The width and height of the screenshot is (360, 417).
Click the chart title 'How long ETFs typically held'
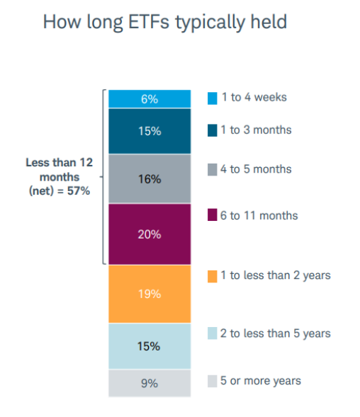pyautogui.click(x=165, y=22)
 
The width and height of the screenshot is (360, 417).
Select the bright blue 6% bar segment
pyautogui.click(x=150, y=99)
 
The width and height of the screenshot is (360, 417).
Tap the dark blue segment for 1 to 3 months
pyautogui.click(x=150, y=131)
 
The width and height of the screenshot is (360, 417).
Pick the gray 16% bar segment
pyautogui.click(x=150, y=179)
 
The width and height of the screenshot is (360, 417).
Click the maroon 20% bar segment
pyautogui.click(x=150, y=234)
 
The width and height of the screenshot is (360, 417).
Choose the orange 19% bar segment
pyautogui.click(x=150, y=294)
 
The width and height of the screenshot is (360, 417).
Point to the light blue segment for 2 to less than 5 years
pyautogui.click(x=150, y=346)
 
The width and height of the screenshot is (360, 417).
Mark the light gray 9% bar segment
pyautogui.click(x=150, y=383)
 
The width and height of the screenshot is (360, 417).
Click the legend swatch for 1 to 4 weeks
pyautogui.click(x=212, y=98)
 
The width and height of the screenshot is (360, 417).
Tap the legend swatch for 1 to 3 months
pyautogui.click(x=212, y=130)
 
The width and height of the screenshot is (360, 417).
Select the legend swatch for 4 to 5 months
pyautogui.click(x=212, y=170)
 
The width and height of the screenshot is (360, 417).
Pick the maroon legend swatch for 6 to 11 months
pyautogui.click(x=212, y=215)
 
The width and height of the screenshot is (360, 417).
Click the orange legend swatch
pyautogui.click(x=212, y=276)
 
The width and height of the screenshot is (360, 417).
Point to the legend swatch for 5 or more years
pyautogui.click(x=212, y=381)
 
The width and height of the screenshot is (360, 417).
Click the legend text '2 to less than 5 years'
pyautogui.click(x=276, y=333)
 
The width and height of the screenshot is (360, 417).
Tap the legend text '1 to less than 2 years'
pyautogui.click(x=276, y=276)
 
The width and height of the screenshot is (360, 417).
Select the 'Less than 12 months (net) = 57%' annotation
pyautogui.click(x=60, y=177)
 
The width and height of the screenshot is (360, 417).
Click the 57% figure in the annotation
pyautogui.click(x=79, y=191)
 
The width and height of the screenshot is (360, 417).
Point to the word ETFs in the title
pyautogui.click(x=149, y=22)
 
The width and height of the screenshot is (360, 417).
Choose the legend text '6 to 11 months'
pyautogui.click(x=259, y=216)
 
